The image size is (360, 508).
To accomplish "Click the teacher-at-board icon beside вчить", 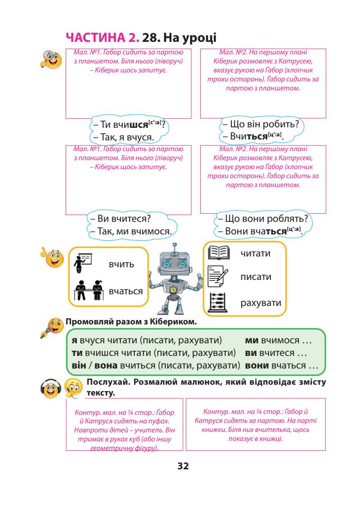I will (x=83, y=262).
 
